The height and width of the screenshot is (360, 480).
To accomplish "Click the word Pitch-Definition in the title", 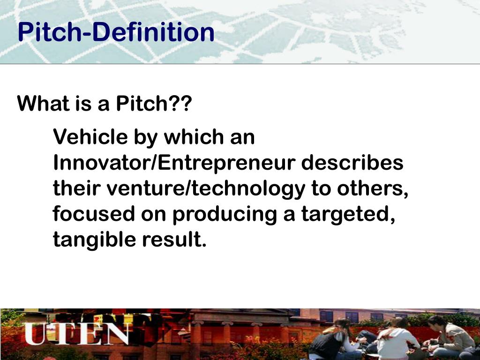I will [x=116, y=33].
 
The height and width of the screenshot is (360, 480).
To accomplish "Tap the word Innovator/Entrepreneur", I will [x=174, y=163].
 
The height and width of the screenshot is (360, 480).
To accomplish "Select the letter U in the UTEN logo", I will [x=35, y=333].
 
